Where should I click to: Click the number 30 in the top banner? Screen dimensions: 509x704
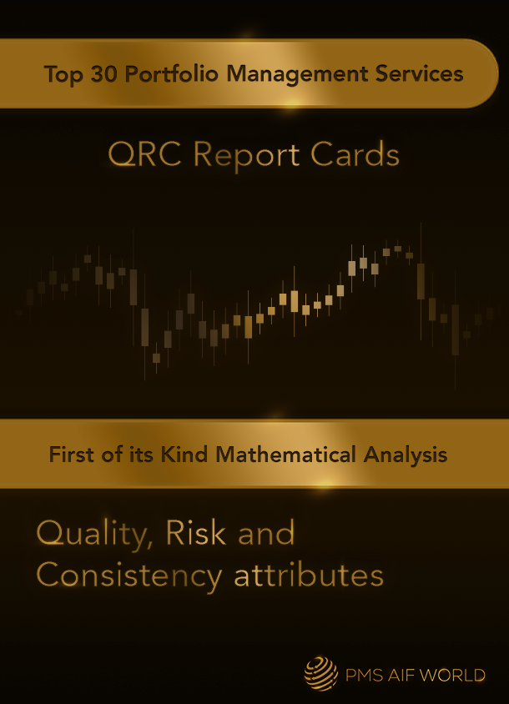(105, 73)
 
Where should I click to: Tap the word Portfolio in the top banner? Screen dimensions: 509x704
(172, 73)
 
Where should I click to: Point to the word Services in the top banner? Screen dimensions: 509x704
(419, 73)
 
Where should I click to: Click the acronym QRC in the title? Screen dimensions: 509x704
(144, 155)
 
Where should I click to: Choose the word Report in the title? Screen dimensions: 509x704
(247, 156)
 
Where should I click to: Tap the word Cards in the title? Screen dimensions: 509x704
(355, 154)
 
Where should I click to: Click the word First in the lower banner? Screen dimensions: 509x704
(72, 455)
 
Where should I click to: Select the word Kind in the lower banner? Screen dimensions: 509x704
(184, 455)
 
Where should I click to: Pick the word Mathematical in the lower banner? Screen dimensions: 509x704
(285, 455)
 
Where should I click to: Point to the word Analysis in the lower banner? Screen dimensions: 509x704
(406, 455)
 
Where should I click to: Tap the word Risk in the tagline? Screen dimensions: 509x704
(196, 533)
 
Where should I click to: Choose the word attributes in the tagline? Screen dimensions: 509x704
(309, 576)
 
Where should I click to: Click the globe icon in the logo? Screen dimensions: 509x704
(320, 672)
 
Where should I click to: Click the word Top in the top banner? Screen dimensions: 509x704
(63, 74)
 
